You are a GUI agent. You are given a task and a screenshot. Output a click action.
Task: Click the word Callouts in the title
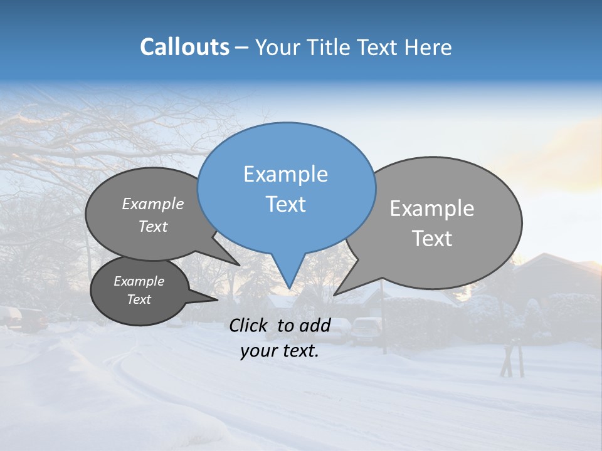coord(184,48)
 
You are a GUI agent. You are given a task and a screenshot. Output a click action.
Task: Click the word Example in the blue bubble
coord(285,174)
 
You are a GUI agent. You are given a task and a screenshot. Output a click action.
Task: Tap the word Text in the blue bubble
coord(286,204)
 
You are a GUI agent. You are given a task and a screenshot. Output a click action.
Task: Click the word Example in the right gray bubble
coord(432,209)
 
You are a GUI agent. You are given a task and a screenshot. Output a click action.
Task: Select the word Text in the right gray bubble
coord(433,239)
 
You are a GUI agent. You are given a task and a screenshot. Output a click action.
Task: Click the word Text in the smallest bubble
coord(139,299)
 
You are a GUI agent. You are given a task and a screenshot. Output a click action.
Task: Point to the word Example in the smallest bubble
coord(139,281)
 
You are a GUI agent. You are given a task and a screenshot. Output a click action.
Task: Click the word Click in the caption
coord(248,325)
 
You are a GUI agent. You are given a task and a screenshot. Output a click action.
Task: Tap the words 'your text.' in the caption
coord(280,351)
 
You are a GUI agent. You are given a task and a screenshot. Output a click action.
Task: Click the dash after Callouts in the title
coord(243,48)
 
